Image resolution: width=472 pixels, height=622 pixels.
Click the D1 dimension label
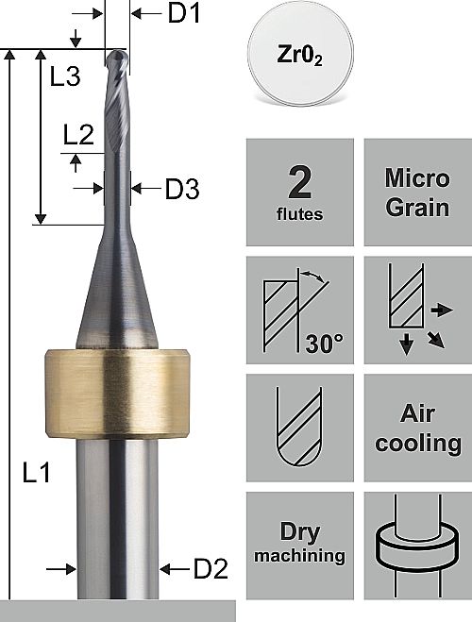tap(184, 13)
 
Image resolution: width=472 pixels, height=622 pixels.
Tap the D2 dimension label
tap(211, 569)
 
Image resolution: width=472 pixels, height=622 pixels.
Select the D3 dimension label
tap(182, 189)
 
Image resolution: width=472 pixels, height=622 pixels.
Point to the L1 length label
tap(37, 473)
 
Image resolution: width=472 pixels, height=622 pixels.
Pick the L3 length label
tap(65, 76)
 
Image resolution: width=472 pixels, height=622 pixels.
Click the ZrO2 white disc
tap(300, 54)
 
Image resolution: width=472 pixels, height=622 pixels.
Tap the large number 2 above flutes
tap(300, 182)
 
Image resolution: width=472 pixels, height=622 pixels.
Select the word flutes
tap(300, 214)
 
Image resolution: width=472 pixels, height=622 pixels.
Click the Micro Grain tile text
tap(417, 193)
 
